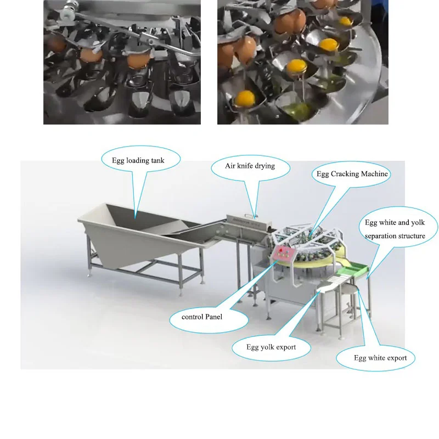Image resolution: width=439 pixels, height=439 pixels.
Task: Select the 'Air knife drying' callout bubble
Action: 250,166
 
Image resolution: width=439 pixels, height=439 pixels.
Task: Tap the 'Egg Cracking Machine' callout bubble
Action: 352,174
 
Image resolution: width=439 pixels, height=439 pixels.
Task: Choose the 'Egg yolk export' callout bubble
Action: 271,347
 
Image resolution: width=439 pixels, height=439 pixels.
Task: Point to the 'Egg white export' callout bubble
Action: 380,358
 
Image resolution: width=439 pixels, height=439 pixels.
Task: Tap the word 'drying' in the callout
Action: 264,166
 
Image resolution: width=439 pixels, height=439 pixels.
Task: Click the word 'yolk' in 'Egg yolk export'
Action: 270,347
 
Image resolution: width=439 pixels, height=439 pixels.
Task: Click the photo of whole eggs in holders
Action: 122,62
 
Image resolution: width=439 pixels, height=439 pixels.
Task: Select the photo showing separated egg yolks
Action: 302,62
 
